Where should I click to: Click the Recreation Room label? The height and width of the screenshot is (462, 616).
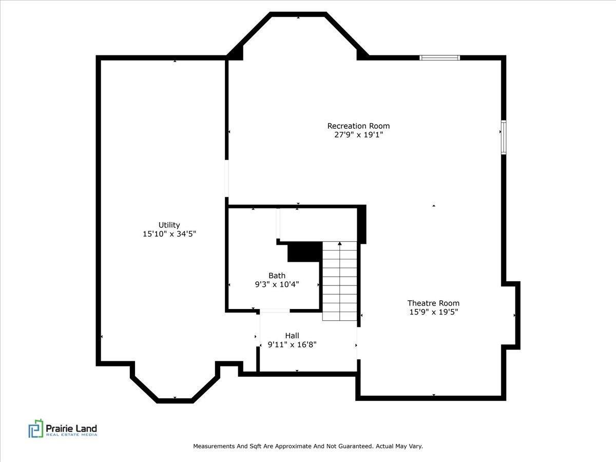click(358, 126)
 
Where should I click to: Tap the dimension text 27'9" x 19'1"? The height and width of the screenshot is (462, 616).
click(358, 135)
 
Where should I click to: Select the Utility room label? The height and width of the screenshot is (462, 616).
click(169, 225)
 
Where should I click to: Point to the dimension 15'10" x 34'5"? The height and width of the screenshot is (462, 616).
click(169, 234)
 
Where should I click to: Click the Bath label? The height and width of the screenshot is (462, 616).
click(277, 276)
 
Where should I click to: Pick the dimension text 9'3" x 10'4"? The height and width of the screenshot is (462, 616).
click(277, 284)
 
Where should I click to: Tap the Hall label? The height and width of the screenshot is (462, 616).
click(292, 336)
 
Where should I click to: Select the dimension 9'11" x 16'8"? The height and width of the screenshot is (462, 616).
click(292, 345)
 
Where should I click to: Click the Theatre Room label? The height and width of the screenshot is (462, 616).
click(433, 303)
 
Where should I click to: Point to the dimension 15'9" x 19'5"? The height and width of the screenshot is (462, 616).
click(433, 312)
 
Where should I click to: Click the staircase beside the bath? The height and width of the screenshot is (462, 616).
click(339, 281)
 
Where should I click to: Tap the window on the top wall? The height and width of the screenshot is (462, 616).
click(439, 57)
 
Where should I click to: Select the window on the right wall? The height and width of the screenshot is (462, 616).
click(504, 137)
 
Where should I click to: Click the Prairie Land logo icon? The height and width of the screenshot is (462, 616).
click(36, 429)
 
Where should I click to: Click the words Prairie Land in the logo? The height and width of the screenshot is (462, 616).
click(71, 428)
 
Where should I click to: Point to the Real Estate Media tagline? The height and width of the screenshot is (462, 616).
click(71, 435)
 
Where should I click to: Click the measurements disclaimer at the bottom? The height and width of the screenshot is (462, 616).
click(308, 447)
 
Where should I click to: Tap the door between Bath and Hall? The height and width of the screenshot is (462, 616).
click(275, 311)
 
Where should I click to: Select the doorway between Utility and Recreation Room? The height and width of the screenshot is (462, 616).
click(226, 178)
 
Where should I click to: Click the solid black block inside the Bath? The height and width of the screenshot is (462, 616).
click(304, 252)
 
